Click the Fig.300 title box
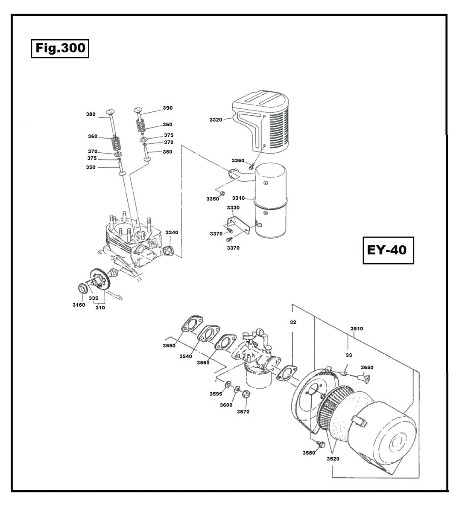point(60,48)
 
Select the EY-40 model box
point(388,250)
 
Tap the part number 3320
point(216,120)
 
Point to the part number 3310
point(238,198)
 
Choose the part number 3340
point(172,233)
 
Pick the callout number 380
point(91,114)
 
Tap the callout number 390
point(168,108)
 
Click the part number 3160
point(79,305)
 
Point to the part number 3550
point(169,346)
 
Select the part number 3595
point(216,394)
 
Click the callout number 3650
point(367,367)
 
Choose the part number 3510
point(357,329)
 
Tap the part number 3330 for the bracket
point(233,208)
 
